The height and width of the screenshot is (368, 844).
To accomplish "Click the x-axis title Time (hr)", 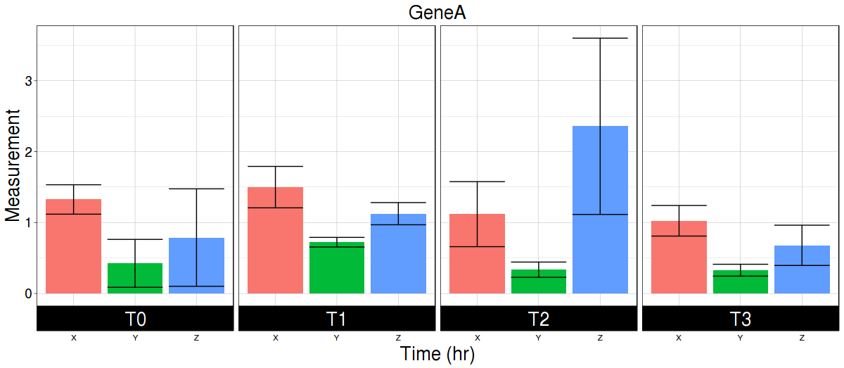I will (x=437, y=354).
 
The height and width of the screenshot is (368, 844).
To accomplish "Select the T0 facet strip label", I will (x=135, y=319).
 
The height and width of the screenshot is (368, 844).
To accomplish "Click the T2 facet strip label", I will (x=539, y=319).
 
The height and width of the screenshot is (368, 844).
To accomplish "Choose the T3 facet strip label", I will (x=741, y=319).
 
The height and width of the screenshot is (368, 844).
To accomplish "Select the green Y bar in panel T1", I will (x=337, y=268).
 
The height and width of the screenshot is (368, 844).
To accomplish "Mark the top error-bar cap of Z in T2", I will (x=600, y=38).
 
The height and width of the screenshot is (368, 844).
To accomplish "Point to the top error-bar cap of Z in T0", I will (x=196, y=189).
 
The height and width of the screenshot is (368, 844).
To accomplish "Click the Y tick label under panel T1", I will (x=337, y=338).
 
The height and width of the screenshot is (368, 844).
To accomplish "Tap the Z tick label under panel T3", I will (x=802, y=338).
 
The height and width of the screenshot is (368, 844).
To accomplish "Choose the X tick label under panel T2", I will (x=478, y=338).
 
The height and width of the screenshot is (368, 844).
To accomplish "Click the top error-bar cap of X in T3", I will (x=679, y=205).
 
